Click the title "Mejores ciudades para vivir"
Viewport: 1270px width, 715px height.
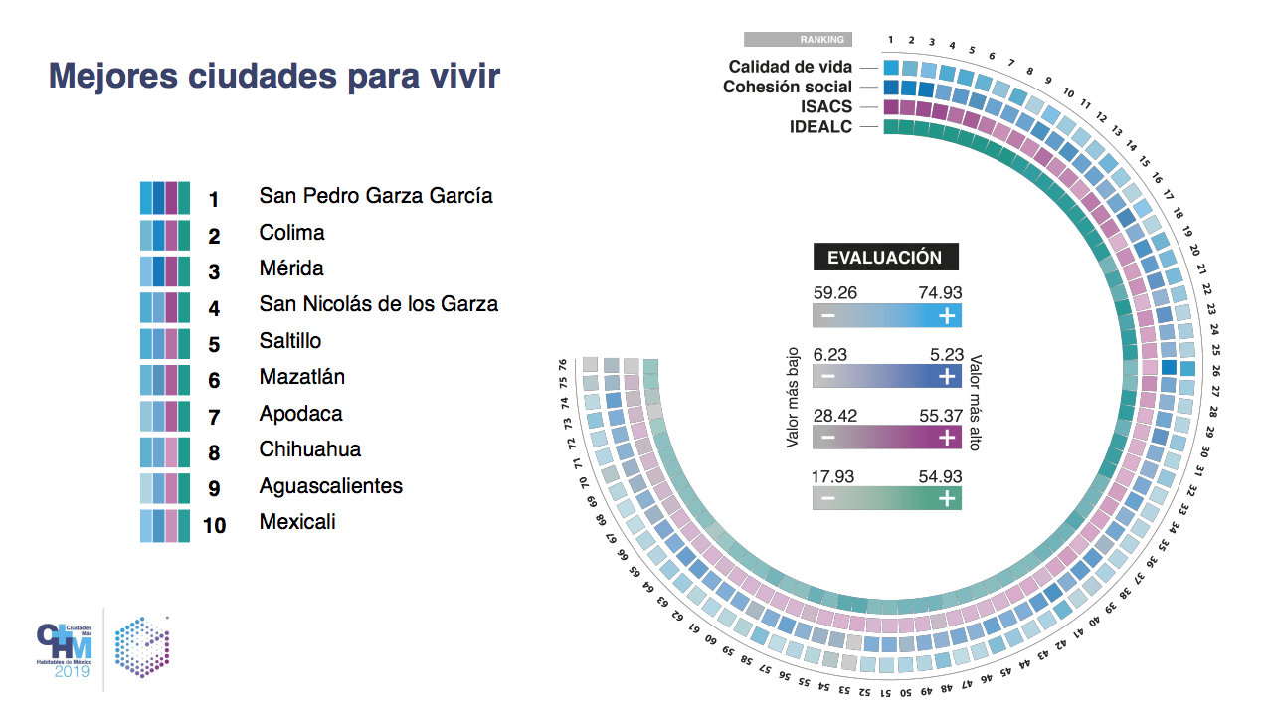click(274, 77)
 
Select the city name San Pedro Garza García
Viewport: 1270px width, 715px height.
click(375, 196)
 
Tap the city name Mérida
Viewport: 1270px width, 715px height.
click(290, 268)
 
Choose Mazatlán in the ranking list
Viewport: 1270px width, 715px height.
click(301, 377)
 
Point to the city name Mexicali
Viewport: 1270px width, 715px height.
click(296, 522)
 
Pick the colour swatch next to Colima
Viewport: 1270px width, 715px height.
click(164, 236)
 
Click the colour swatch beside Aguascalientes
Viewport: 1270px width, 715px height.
click(164, 488)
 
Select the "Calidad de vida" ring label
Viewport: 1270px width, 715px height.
click(790, 67)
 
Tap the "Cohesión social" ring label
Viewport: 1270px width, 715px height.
click(787, 87)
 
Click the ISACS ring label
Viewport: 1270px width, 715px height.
click(825, 106)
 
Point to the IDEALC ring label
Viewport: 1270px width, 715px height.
click(820, 126)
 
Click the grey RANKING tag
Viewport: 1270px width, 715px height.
click(798, 40)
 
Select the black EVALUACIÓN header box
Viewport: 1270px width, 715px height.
click(885, 257)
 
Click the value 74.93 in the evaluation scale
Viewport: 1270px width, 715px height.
click(940, 293)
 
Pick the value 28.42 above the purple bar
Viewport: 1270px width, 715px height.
click(834, 415)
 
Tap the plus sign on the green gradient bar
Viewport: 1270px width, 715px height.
click(947, 499)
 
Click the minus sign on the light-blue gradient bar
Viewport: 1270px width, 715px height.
click(827, 316)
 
